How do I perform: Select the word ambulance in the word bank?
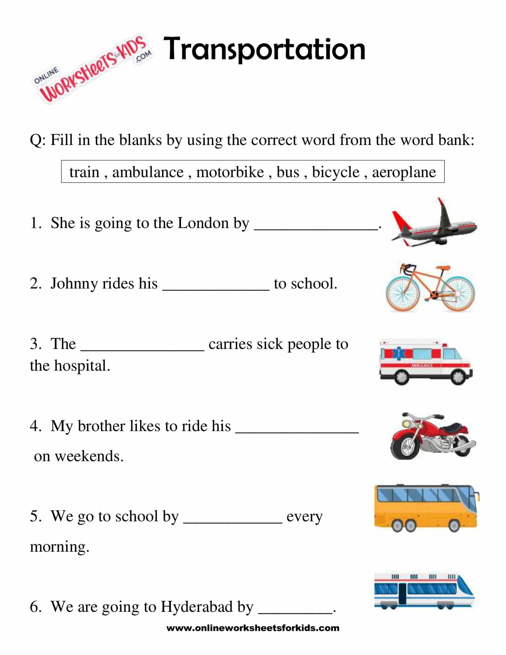[148, 172]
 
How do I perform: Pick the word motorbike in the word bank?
[230, 172]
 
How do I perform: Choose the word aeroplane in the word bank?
[404, 172]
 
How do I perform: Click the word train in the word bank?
[84, 172]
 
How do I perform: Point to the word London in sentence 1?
[203, 223]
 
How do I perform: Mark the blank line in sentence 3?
[143, 350]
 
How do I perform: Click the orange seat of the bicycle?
[443, 267]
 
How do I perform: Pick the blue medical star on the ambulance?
[399, 354]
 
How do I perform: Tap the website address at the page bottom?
[253, 628]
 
